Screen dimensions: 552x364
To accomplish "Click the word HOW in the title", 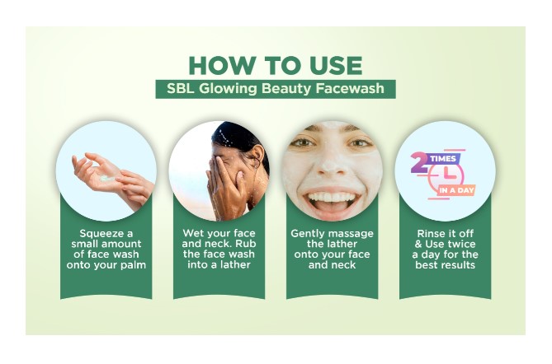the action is click(x=222, y=65).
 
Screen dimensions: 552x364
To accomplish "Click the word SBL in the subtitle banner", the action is click(x=181, y=89).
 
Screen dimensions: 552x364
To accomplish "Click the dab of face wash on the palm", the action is click(x=107, y=179).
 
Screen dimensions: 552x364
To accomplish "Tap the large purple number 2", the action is click(x=420, y=162).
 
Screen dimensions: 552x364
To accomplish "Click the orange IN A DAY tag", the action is click(x=456, y=190).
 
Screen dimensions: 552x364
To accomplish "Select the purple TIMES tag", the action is click(x=443, y=159).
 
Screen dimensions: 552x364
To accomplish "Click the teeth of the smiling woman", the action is click(x=331, y=197).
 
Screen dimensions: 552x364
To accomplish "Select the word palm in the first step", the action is click(x=133, y=265).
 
